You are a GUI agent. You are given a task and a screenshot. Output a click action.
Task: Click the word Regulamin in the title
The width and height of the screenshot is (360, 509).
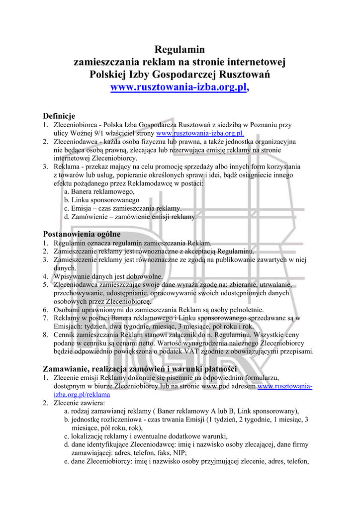click(180, 49)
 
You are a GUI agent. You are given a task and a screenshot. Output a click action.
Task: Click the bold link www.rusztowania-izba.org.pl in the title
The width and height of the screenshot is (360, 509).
click(178, 88)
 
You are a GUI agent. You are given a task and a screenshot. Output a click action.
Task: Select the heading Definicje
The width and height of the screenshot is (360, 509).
click(59, 116)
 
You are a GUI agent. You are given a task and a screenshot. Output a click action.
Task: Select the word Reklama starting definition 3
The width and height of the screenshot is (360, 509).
click(66, 167)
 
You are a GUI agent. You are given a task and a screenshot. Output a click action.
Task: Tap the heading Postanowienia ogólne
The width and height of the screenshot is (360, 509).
click(82, 234)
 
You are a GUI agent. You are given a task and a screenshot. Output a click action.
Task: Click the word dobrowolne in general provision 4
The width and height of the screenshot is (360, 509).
click(144, 276)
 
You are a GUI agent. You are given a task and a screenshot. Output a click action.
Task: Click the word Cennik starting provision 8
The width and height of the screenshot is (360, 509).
click(65, 335)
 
